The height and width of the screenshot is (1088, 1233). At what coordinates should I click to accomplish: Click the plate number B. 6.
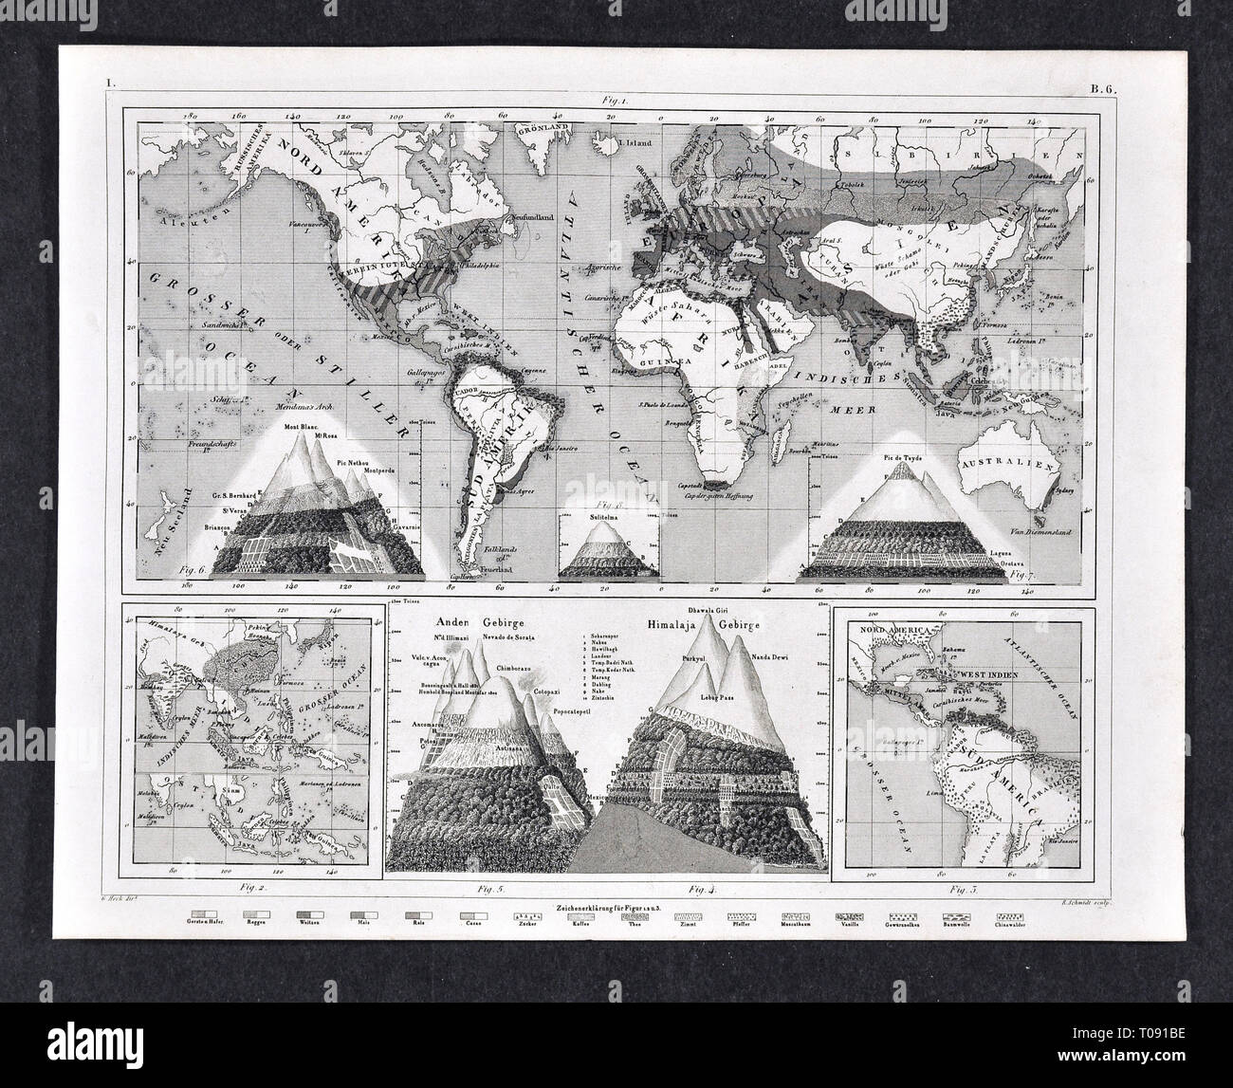pyautogui.click(x=1102, y=92)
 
